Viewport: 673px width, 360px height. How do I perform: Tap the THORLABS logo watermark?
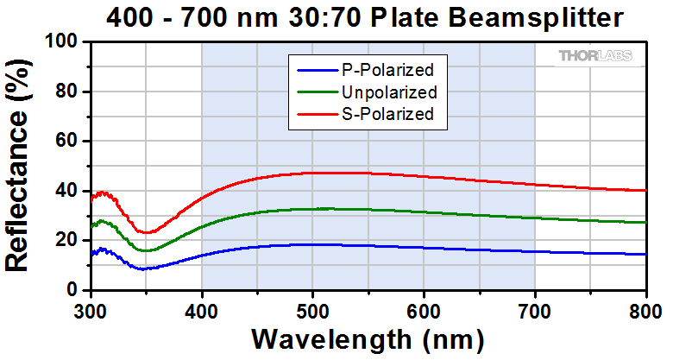[x=594, y=57]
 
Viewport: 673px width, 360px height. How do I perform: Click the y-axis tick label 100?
[x=66, y=42]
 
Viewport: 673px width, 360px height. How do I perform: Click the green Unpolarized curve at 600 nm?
[x=424, y=212]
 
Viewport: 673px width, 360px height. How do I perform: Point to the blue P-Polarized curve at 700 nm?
[x=535, y=251]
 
